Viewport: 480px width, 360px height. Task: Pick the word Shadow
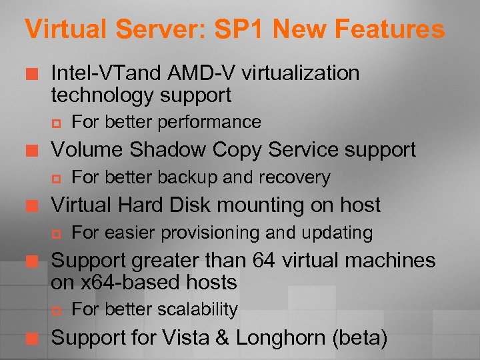click(163, 150)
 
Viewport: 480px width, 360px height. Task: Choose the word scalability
click(200, 310)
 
